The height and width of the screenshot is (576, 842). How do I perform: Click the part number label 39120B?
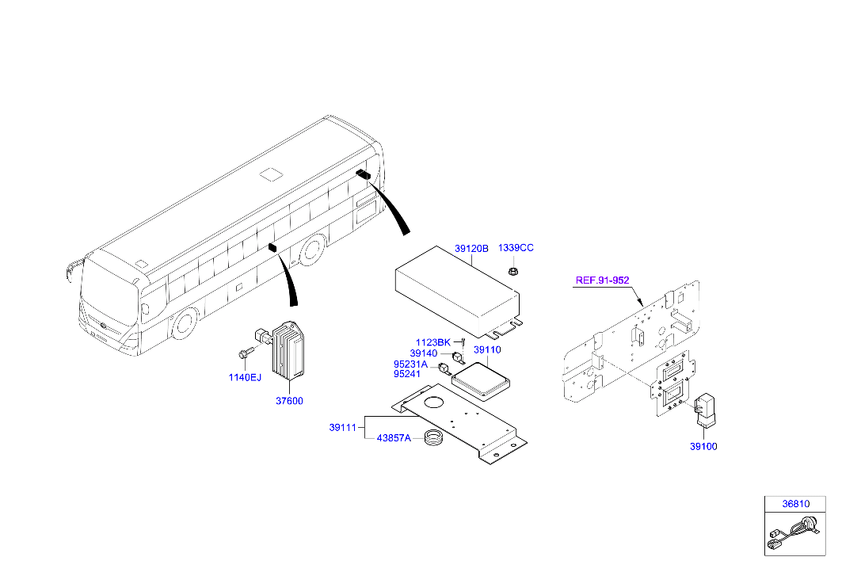click(x=471, y=249)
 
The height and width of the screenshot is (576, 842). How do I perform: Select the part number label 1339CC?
click(x=516, y=248)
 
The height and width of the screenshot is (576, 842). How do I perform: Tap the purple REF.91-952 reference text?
click(x=601, y=280)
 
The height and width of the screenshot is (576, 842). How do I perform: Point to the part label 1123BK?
click(x=432, y=342)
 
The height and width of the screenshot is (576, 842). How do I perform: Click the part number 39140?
click(x=424, y=353)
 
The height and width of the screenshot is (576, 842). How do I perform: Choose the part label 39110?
click(x=487, y=349)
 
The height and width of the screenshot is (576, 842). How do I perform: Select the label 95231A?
click(x=410, y=364)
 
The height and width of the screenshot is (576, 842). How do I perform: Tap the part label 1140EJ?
click(x=245, y=377)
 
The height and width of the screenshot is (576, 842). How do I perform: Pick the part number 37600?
click(x=289, y=401)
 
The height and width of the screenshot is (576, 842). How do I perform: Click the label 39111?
click(x=343, y=428)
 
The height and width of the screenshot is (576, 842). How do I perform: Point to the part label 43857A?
click(x=394, y=438)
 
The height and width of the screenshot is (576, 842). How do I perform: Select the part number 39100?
click(x=703, y=447)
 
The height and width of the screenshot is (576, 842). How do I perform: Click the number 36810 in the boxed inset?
click(x=796, y=504)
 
